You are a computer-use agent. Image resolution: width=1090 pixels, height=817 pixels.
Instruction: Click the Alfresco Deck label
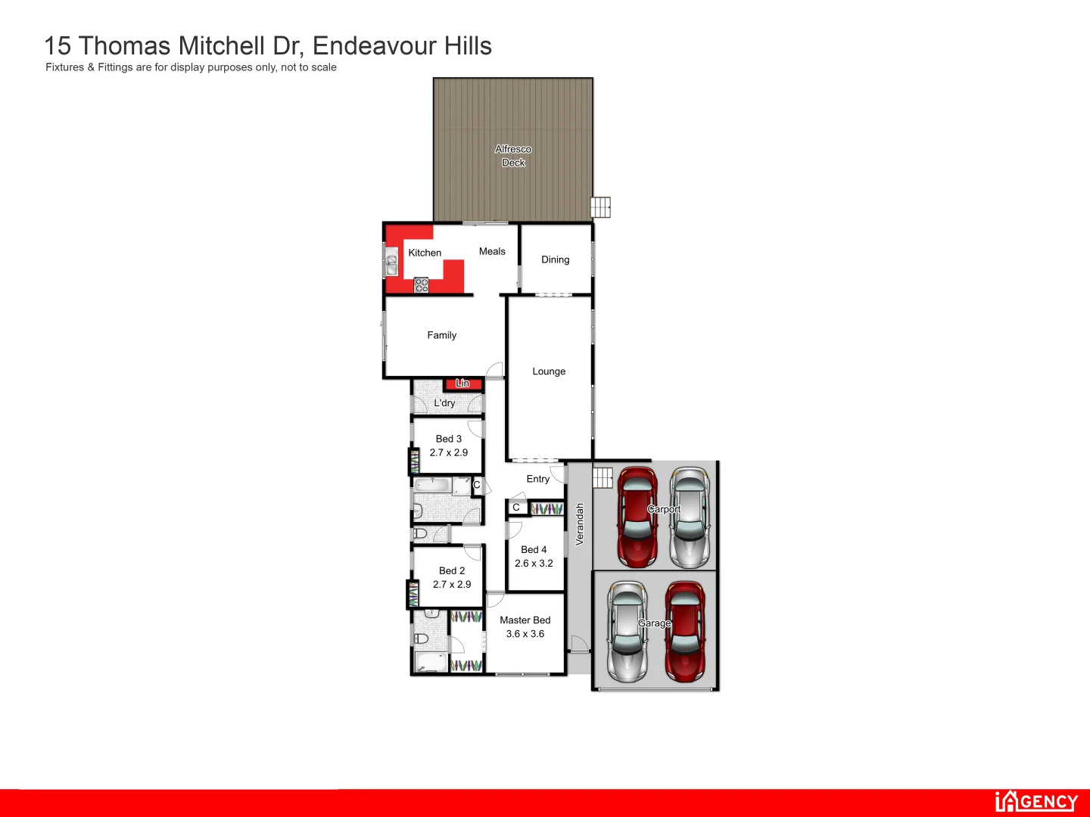click(x=513, y=156)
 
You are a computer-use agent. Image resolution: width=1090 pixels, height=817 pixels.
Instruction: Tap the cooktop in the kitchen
click(x=422, y=285)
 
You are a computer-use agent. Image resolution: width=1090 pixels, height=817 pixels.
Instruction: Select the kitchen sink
click(x=392, y=263)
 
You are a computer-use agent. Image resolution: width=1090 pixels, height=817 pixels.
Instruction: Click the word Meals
click(x=492, y=252)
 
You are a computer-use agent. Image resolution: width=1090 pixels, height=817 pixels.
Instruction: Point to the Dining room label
click(x=555, y=259)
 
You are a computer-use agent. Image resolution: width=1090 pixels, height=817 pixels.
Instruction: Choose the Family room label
click(x=441, y=335)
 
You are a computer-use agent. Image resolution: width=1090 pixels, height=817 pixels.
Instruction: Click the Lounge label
click(x=549, y=371)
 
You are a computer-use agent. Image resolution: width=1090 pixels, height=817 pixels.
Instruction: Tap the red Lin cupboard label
click(x=462, y=384)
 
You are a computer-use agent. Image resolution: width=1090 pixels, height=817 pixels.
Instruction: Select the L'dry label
click(x=444, y=403)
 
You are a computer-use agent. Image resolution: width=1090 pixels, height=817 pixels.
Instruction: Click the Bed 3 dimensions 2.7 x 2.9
click(x=449, y=452)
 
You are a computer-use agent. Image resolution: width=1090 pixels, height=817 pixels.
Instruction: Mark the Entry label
click(x=538, y=479)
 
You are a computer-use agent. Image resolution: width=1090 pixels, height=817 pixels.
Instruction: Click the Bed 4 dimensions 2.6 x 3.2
click(x=534, y=564)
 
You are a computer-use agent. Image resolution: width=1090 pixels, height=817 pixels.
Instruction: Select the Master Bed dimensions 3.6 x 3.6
click(x=525, y=634)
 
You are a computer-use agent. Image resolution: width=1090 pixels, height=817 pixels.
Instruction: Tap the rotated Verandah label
click(x=580, y=524)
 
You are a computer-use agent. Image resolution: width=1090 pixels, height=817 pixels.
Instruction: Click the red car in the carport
click(x=637, y=517)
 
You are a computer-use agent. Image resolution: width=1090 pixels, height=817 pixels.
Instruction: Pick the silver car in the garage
click(x=627, y=631)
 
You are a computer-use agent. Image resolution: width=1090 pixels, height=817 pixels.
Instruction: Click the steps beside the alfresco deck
click(x=601, y=207)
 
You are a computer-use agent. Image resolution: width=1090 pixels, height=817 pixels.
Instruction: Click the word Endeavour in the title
click(x=375, y=46)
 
